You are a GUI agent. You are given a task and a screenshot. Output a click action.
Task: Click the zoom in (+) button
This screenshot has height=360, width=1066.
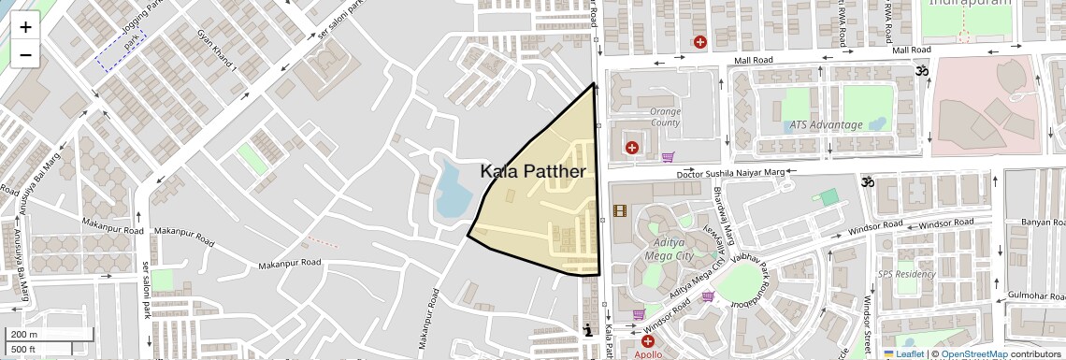tap(25, 26)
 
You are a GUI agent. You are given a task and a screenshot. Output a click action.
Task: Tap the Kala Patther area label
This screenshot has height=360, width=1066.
tap(533, 172)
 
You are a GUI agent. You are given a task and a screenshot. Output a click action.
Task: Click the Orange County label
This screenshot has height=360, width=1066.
tap(665, 117)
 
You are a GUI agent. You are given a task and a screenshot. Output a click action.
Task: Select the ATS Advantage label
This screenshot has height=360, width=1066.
tap(826, 124)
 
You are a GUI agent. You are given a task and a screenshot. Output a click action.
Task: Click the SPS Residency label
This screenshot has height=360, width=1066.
tap(906, 274)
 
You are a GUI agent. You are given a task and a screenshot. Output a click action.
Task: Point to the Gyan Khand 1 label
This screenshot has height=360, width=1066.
tap(218, 57)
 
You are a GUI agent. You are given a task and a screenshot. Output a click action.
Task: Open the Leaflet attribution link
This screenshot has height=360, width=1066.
tap(904, 354)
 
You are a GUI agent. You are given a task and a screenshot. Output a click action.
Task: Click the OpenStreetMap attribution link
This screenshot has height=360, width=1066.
tap(973, 354)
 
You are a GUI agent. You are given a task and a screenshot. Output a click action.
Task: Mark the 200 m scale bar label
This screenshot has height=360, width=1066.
tap(23, 335)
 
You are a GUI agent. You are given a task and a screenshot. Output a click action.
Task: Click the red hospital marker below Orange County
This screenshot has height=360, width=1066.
tap(632, 147)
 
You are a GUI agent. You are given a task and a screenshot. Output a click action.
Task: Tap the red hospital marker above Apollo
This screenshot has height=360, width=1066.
tap(647, 341)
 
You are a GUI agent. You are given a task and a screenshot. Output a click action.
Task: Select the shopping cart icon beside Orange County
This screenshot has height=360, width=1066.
tap(668, 157)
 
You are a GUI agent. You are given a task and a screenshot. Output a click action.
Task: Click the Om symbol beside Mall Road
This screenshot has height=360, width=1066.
tap(919, 71)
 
